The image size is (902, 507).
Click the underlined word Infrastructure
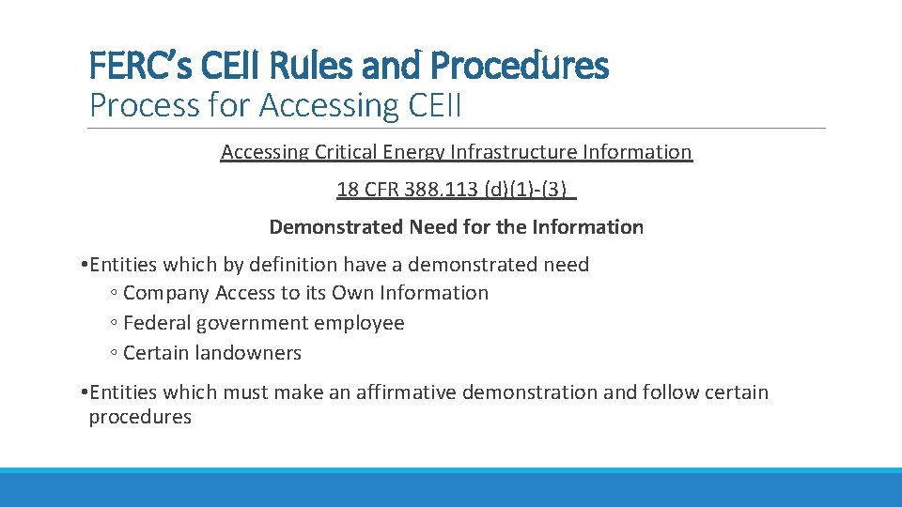[514, 152]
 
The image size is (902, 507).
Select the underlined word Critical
[343, 152]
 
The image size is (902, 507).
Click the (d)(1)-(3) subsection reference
[528, 190]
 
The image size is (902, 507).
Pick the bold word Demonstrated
[334, 227]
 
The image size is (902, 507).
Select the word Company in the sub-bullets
[166, 293]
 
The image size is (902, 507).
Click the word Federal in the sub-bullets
[157, 323]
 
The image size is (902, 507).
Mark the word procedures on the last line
[140, 417]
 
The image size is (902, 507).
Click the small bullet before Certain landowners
[113, 354]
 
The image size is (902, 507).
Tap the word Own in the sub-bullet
[352, 293]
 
